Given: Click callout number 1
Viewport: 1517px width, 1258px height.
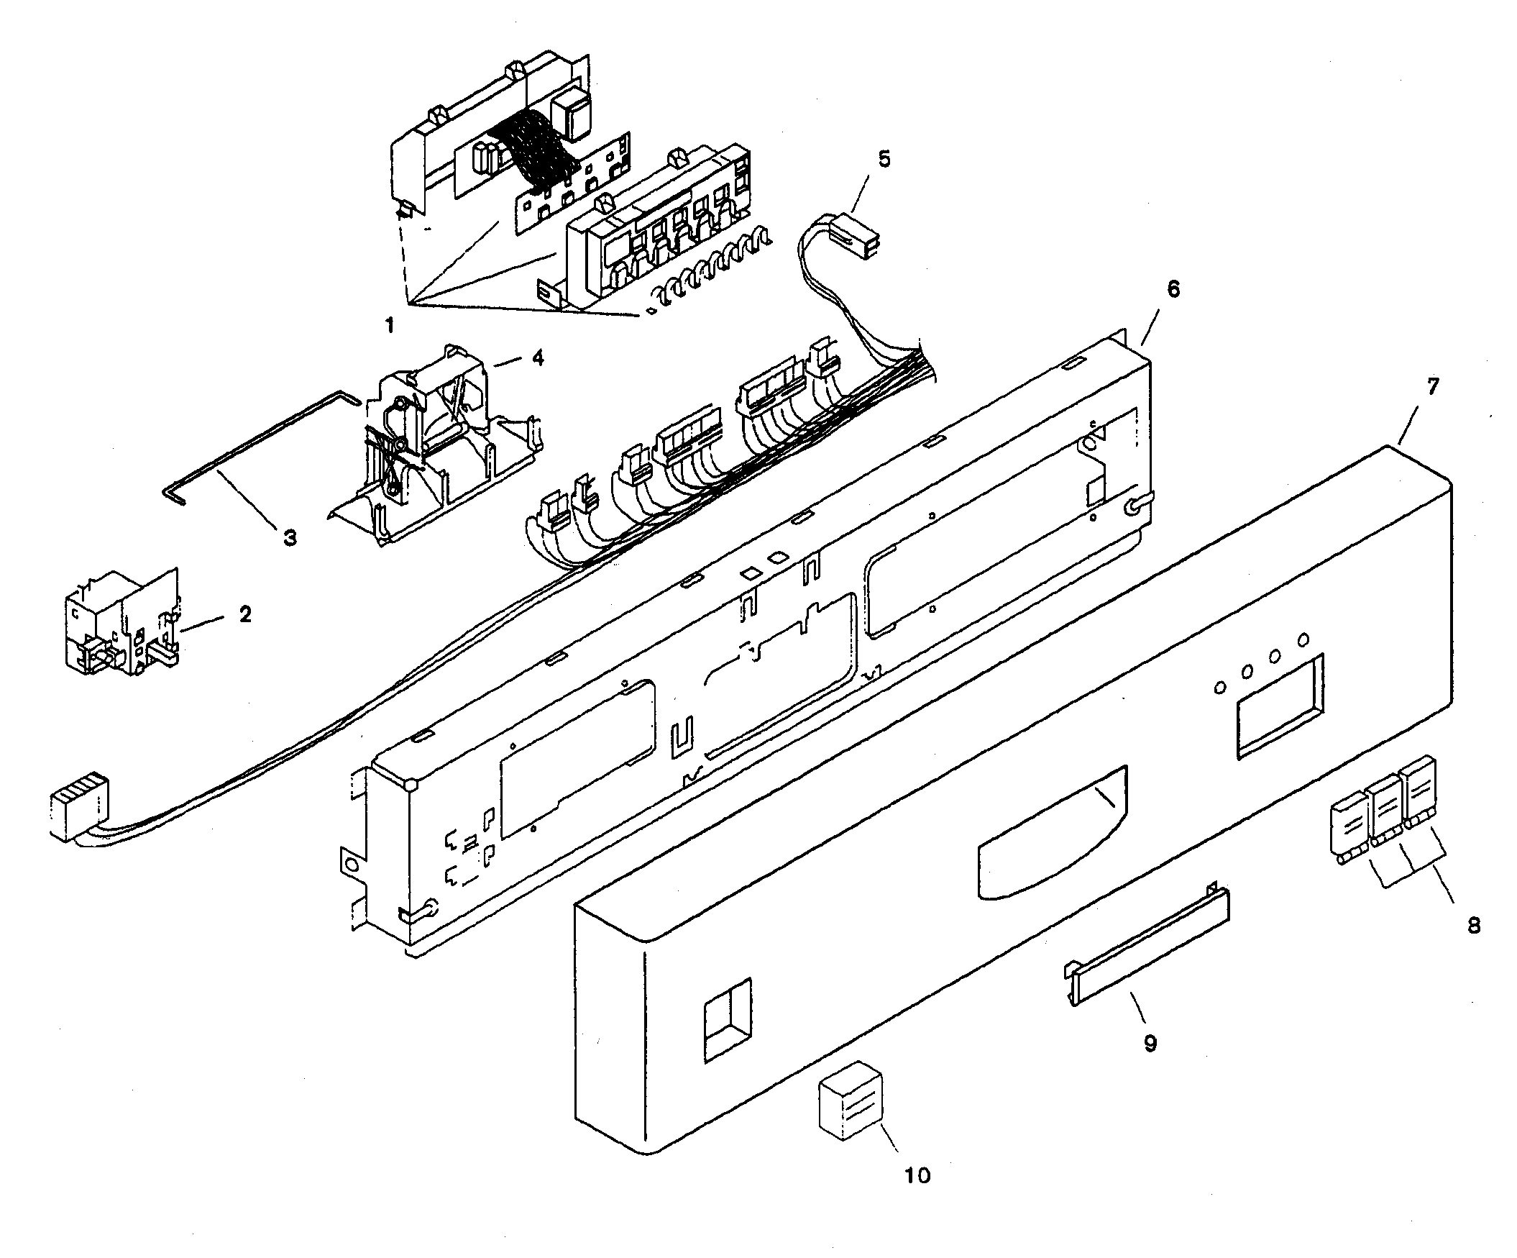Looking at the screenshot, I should [x=390, y=326].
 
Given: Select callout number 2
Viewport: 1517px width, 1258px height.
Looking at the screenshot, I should [x=246, y=615].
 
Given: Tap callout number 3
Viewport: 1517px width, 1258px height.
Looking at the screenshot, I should [x=289, y=537].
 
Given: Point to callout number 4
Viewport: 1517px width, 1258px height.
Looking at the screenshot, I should [x=538, y=357].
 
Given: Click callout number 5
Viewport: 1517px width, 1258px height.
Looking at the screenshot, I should [x=884, y=159].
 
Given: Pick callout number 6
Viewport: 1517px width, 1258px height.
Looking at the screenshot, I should [x=1173, y=289].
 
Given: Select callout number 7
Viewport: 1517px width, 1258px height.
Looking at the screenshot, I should [x=1432, y=386].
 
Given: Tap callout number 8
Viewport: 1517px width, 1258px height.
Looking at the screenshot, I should [x=1474, y=925].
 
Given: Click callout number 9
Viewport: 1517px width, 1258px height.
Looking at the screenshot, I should [x=1150, y=1044].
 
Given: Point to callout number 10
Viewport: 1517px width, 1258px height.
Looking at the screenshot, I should [x=917, y=1175].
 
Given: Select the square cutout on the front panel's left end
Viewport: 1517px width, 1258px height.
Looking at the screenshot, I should [x=728, y=1019].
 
